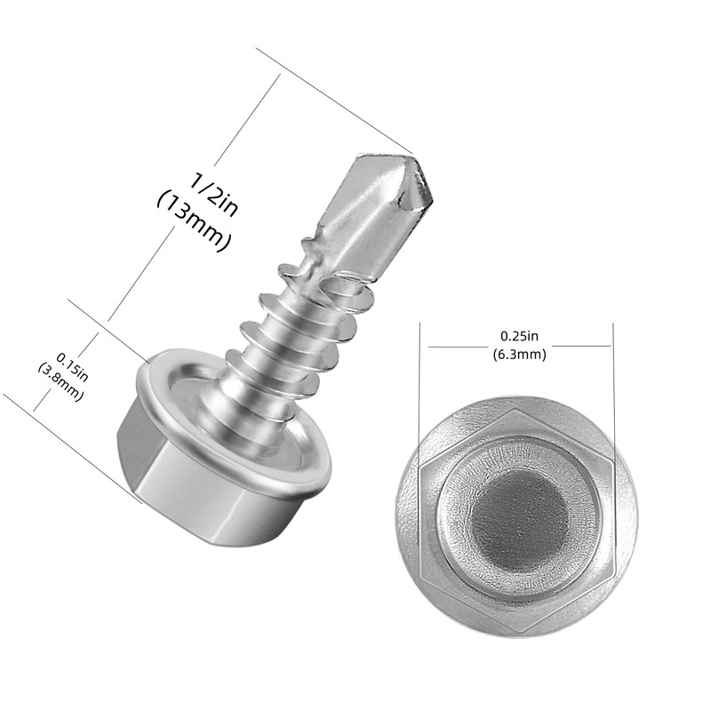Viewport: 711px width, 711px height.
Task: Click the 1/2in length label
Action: (x=212, y=194)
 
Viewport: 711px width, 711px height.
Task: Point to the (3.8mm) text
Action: (x=60, y=382)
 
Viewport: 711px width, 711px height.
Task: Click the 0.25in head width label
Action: (x=519, y=336)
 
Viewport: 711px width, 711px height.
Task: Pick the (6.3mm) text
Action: (x=519, y=354)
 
